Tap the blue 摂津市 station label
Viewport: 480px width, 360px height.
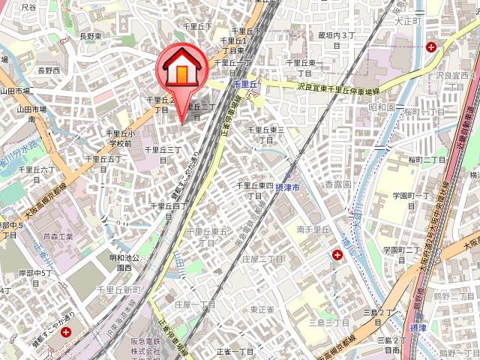(287, 185)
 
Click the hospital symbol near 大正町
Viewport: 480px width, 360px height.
(431, 46)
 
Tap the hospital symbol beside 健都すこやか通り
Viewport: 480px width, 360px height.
(67, 331)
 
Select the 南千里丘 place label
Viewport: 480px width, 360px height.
(313, 229)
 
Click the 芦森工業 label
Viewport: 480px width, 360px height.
(58, 235)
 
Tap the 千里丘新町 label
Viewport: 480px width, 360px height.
(120, 289)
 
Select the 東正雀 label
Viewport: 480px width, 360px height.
(262, 309)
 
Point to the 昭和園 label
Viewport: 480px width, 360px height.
(382, 107)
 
